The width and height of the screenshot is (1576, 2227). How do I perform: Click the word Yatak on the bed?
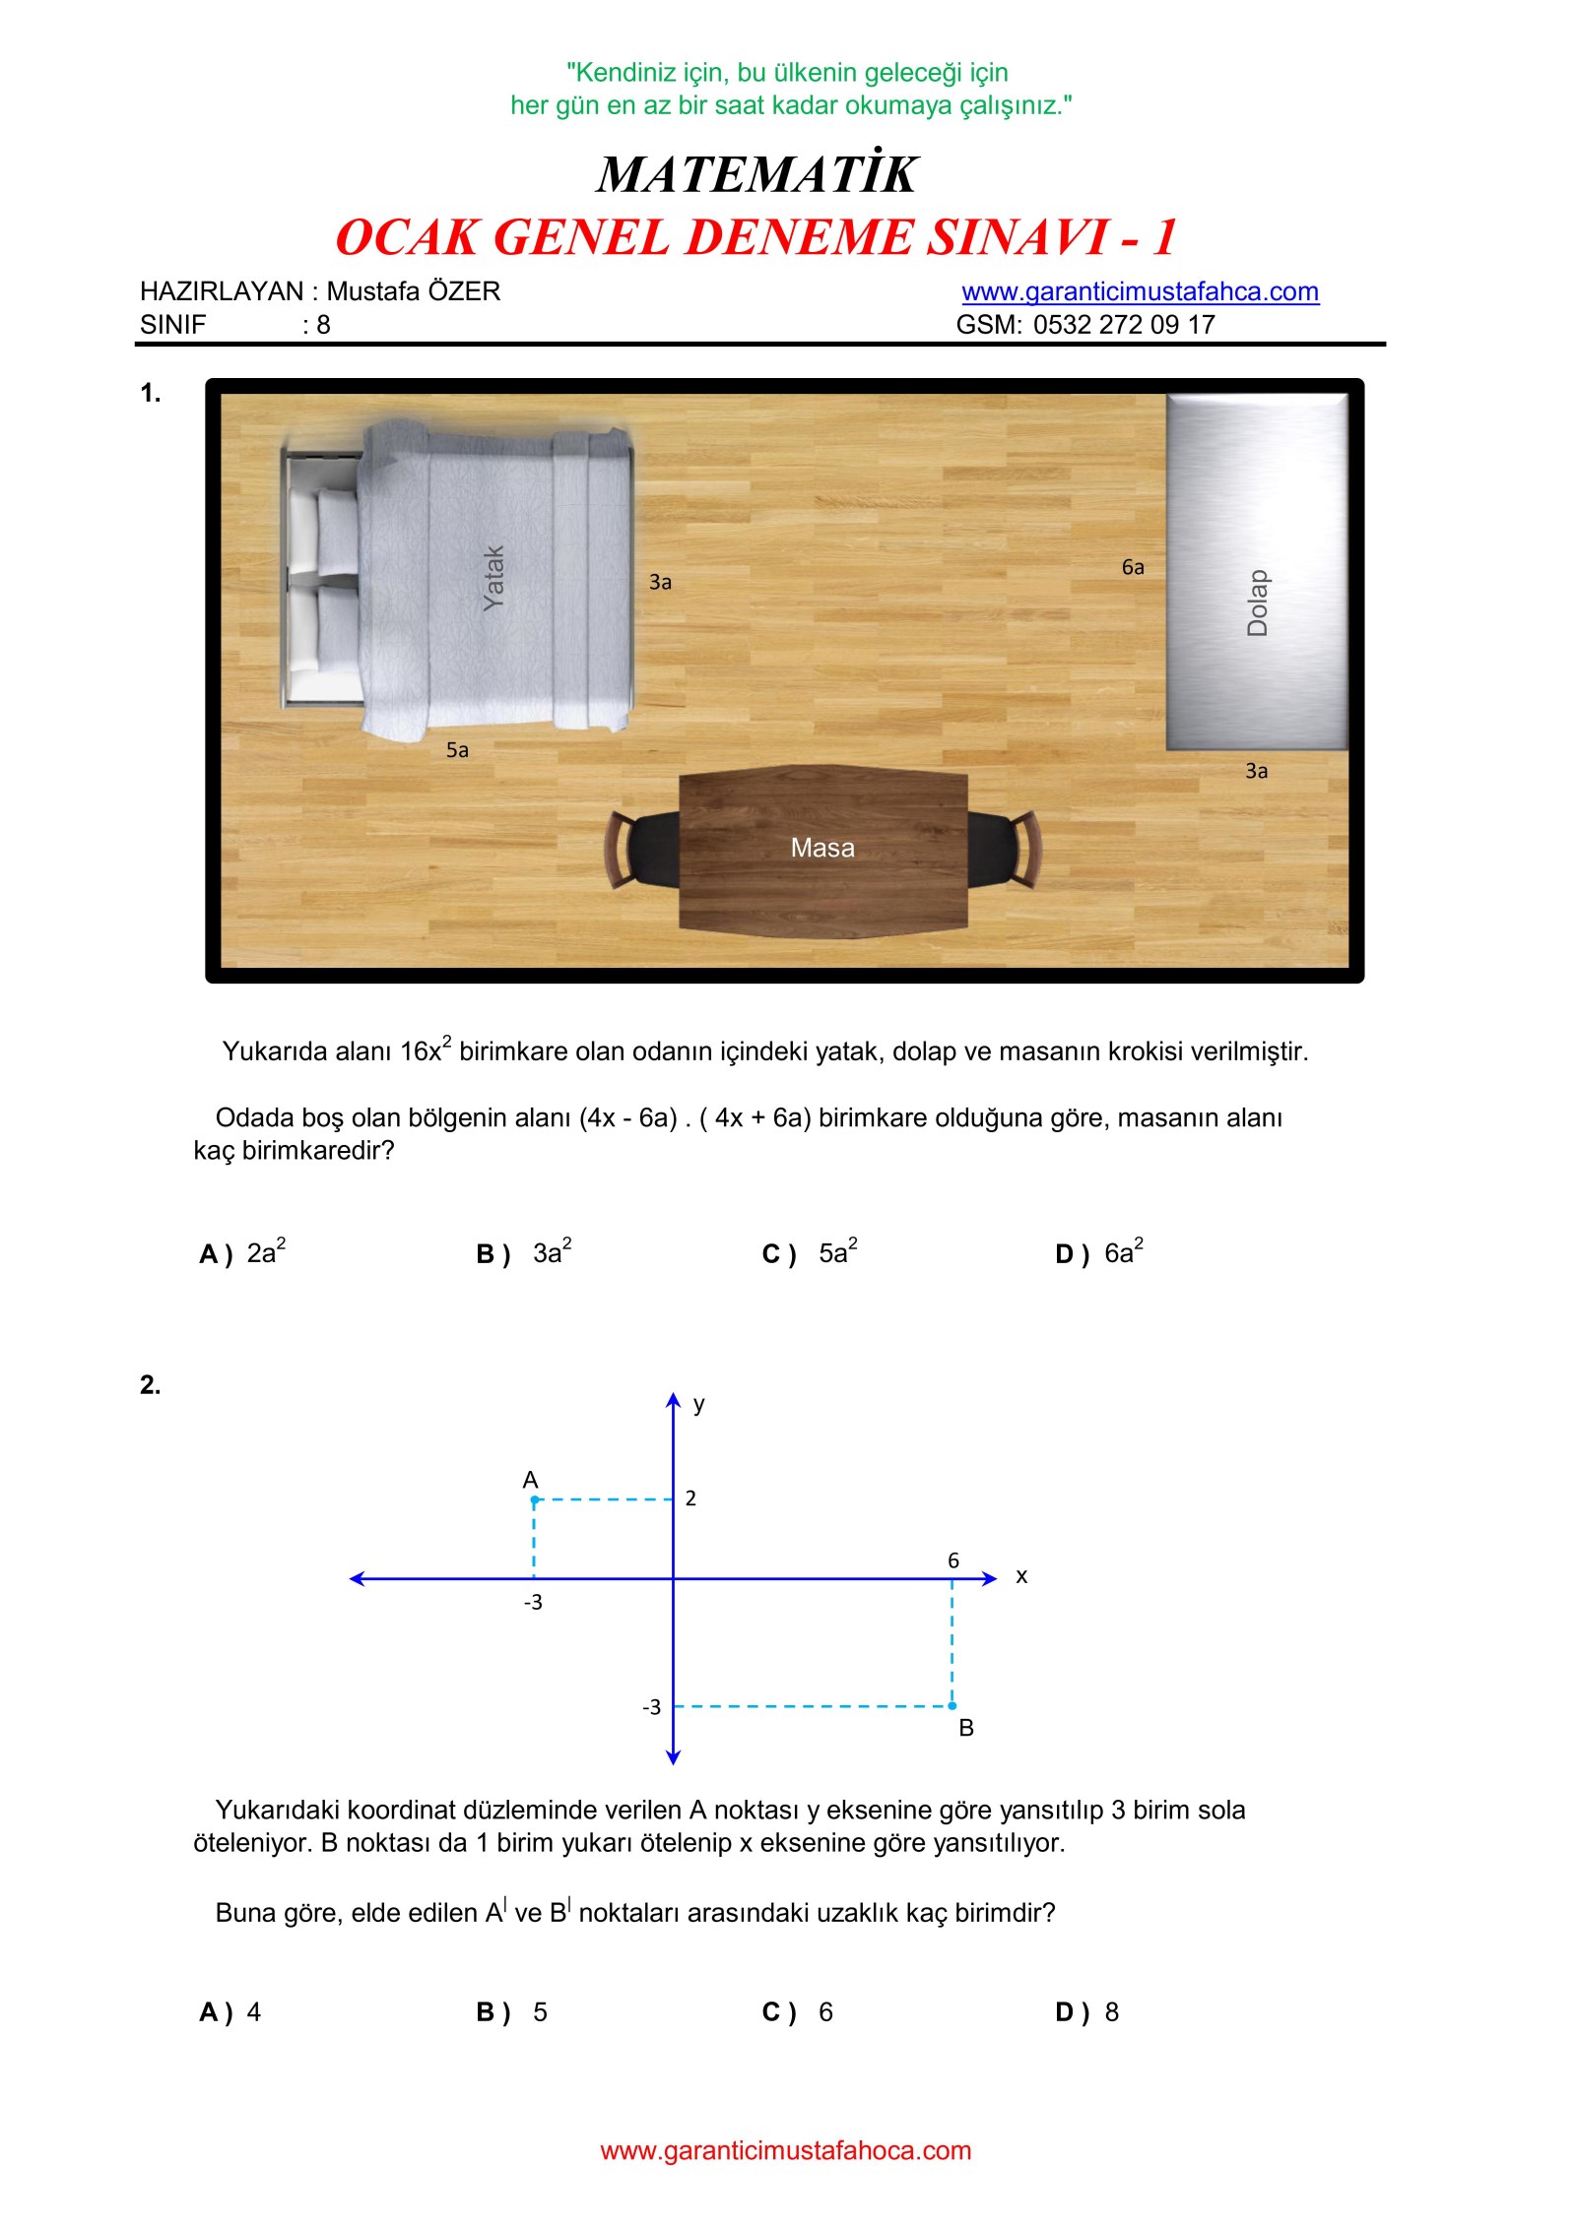click(493, 578)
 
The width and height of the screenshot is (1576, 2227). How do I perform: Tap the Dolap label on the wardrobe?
click(1257, 603)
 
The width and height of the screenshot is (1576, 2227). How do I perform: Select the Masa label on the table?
click(821, 848)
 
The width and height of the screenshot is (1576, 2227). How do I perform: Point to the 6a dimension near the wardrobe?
click(1132, 567)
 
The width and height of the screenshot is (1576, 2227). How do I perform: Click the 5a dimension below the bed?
click(457, 750)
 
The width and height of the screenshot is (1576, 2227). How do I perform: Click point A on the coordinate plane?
click(535, 1499)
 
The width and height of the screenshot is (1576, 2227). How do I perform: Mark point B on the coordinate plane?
click(952, 1706)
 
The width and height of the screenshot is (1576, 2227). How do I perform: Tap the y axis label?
click(698, 1404)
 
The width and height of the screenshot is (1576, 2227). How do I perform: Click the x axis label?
click(1021, 1576)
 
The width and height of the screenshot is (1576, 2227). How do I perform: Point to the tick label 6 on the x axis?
click(952, 1560)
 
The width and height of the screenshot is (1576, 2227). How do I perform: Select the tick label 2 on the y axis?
click(690, 1498)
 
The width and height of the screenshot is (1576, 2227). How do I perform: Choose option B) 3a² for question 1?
click(523, 1253)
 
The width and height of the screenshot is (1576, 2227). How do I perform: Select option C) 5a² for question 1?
click(809, 1253)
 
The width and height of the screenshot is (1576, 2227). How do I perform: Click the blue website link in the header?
click(1140, 291)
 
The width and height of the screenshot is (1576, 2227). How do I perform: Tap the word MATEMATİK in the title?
click(756, 174)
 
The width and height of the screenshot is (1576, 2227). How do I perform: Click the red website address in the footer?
click(785, 2150)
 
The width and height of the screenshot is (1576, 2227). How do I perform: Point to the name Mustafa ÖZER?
click(413, 291)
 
